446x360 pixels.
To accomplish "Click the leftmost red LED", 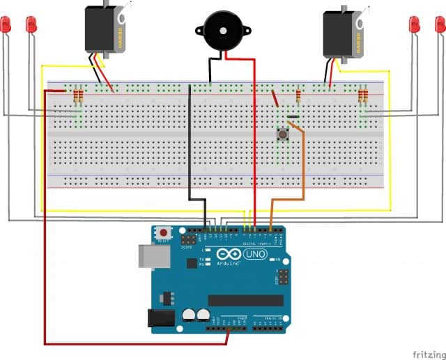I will coord(6,25).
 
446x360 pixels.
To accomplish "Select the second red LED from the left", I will coord(31,25).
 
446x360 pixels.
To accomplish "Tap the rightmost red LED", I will coord(439,25).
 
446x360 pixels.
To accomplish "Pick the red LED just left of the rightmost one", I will coord(414,25).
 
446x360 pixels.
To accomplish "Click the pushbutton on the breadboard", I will coord(284,134).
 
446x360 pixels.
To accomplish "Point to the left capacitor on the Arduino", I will coord(188,315).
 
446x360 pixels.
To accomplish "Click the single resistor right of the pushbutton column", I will coord(298,96).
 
